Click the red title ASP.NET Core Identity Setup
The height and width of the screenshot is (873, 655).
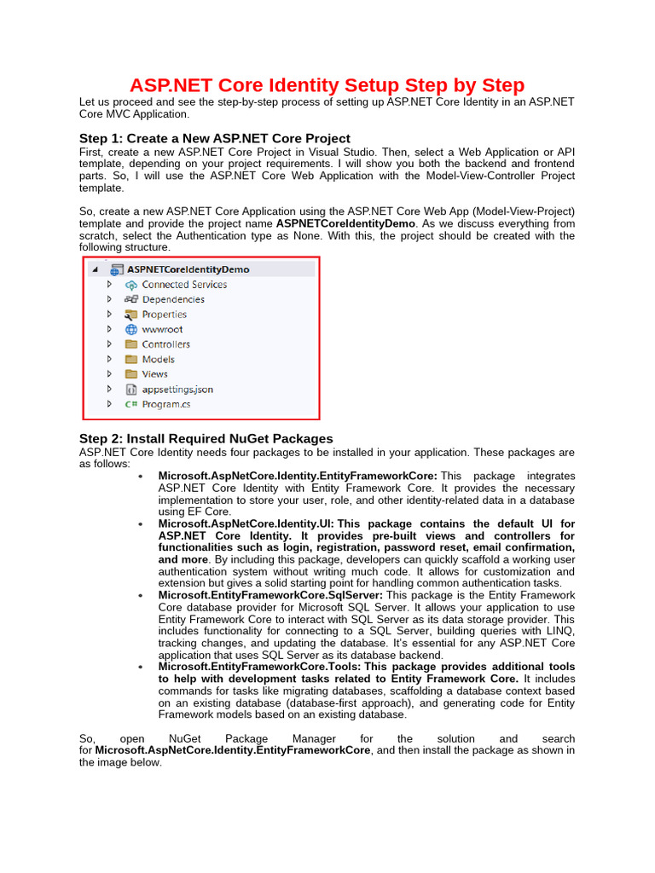pyautogui.click(x=327, y=85)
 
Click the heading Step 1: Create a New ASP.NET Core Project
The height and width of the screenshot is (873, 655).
pyautogui.click(x=214, y=138)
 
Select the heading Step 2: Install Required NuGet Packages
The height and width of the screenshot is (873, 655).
pyautogui.click(x=206, y=438)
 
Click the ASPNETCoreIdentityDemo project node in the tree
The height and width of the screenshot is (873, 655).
pyautogui.click(x=188, y=269)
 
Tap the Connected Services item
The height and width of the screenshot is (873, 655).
pyautogui.click(x=183, y=285)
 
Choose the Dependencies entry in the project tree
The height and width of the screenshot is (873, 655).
pyautogui.click(x=172, y=299)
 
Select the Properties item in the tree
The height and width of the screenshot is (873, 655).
pyautogui.click(x=164, y=315)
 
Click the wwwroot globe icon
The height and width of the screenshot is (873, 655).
pyautogui.click(x=131, y=329)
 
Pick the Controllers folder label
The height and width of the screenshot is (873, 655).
pyautogui.click(x=165, y=344)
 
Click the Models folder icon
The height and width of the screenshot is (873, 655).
pyautogui.click(x=131, y=359)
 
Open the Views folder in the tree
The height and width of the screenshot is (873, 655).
pyautogui.click(x=154, y=374)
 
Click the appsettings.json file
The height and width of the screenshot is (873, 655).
pyautogui.click(x=177, y=389)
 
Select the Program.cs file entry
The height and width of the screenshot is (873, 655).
pyautogui.click(x=161, y=404)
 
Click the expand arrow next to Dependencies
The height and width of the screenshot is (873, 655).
pyautogui.click(x=109, y=299)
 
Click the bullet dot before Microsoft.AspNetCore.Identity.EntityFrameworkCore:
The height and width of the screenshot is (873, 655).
pyautogui.click(x=140, y=476)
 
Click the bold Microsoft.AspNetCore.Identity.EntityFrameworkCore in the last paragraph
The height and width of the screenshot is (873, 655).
pyautogui.click(x=232, y=750)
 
